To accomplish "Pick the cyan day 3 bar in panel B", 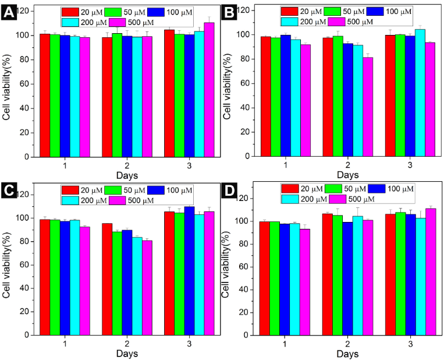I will point(420,93).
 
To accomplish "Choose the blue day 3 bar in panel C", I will point(189,270).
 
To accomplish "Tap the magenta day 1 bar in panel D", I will point(304,282).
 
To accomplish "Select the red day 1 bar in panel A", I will point(45,96).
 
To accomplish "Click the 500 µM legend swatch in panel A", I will point(119,23).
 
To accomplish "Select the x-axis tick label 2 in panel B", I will point(347,165).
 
